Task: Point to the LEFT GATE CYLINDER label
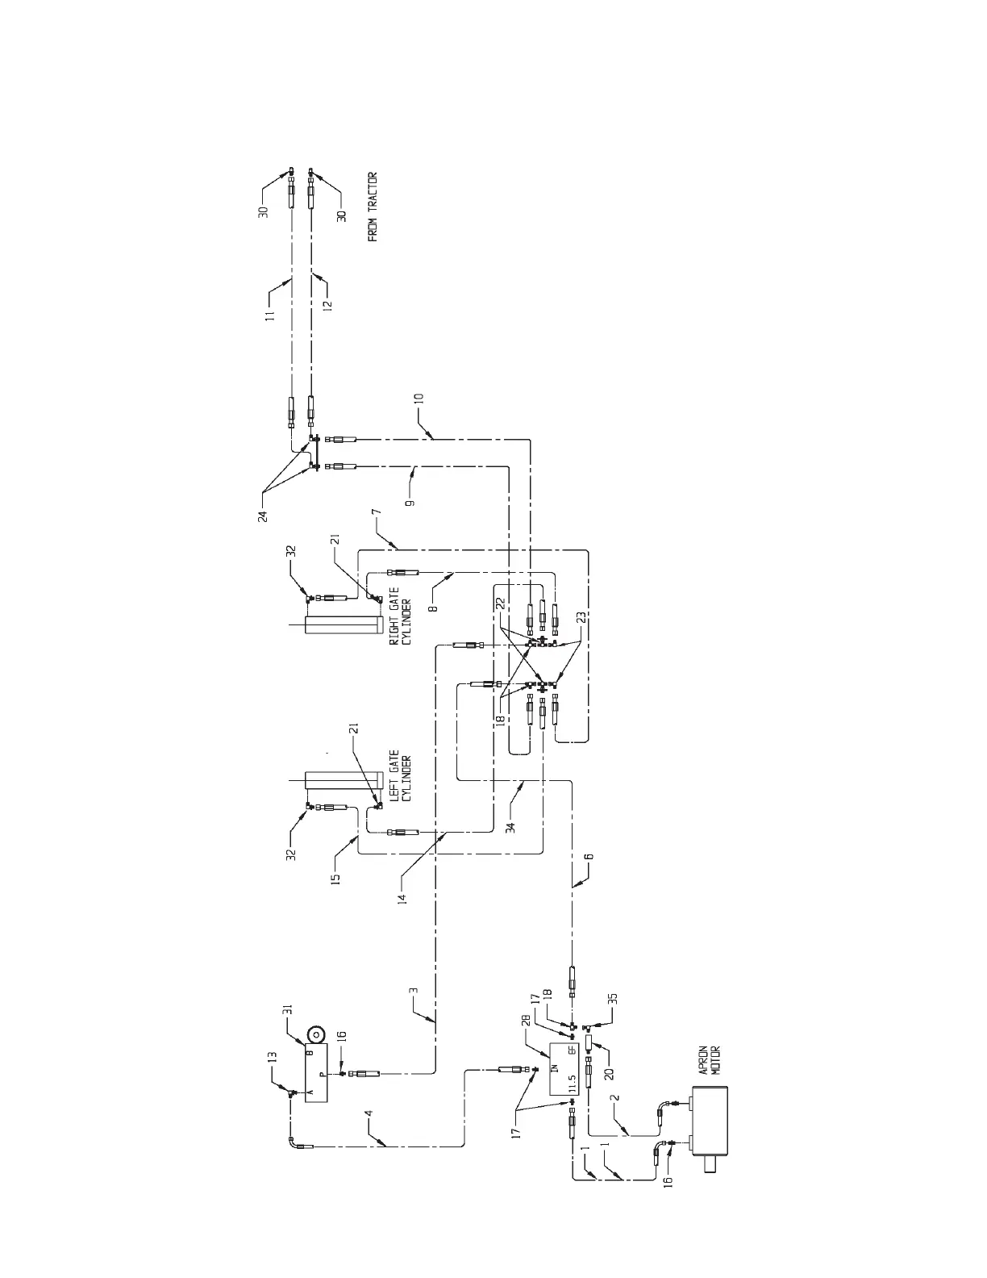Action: [x=400, y=778]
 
